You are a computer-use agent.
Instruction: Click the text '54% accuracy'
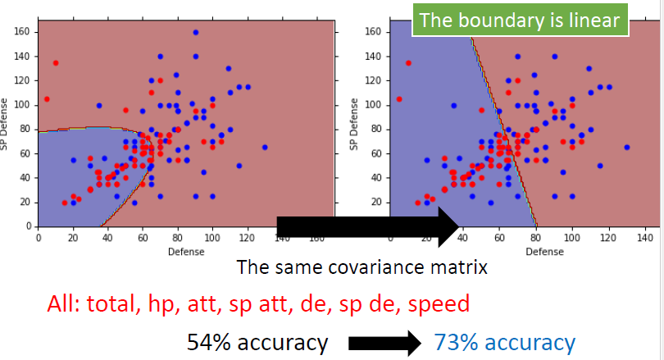coord(257,342)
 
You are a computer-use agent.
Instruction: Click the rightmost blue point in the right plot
coord(627,148)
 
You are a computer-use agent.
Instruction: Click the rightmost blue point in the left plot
coord(265,148)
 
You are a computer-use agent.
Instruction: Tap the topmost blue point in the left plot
coord(195,33)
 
